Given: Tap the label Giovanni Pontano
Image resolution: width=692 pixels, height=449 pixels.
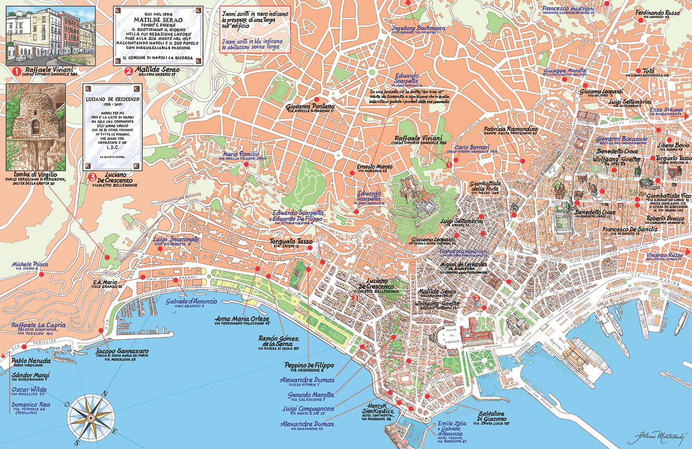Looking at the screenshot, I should coord(310,107).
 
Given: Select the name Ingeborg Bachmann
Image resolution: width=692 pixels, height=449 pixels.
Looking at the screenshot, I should coord(418,28).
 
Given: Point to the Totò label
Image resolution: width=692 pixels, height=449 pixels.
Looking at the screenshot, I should coord(648,71).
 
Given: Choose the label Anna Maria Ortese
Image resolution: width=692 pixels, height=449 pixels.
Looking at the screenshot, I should coord(242,319).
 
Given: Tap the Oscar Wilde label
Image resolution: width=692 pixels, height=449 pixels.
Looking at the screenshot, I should coord(29,390).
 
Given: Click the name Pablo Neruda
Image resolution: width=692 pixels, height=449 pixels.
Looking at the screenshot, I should coord(31,361).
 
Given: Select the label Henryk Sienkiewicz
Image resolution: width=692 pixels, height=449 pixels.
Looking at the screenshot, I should coord(378,408).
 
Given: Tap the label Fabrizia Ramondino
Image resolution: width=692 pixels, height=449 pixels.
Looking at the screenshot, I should coord(510,129).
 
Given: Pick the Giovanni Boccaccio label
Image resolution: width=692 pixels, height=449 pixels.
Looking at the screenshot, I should coord(621,139).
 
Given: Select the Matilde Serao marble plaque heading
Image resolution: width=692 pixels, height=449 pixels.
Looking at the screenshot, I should coord(158,20).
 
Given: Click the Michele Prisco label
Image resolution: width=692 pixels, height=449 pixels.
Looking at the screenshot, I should coord(30,264).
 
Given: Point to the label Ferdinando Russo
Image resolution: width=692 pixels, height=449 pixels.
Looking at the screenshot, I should coord(657,13).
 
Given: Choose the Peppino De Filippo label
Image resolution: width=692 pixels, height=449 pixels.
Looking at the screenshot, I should coord(309,365).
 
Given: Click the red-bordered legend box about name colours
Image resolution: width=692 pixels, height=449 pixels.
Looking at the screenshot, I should coord(255,30).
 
